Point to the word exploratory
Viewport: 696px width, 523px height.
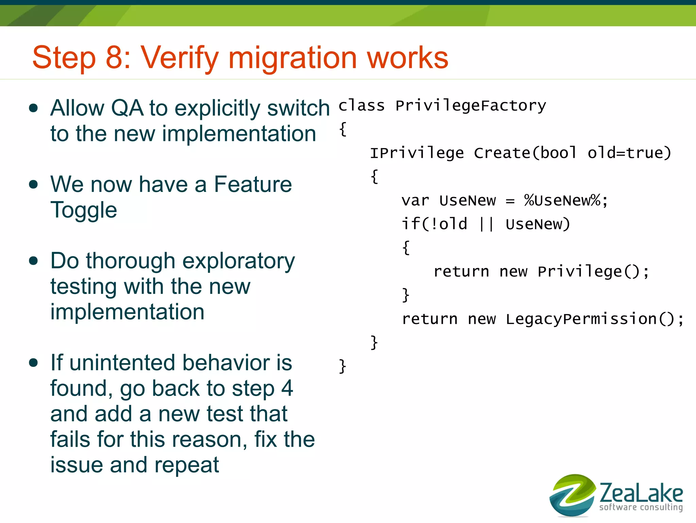click(239, 261)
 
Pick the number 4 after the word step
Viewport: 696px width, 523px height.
click(287, 388)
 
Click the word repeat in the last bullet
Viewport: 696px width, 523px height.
click(187, 465)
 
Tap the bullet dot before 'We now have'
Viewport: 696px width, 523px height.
click(33, 184)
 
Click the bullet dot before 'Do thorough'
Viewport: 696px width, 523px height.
click(33, 261)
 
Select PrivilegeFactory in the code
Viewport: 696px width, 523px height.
click(471, 106)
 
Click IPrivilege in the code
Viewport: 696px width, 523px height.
click(417, 153)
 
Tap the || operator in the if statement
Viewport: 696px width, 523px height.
click(486, 224)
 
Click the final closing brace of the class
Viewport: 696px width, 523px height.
click(342, 366)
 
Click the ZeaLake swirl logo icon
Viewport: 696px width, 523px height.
click(572, 495)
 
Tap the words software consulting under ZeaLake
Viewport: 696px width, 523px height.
click(641, 507)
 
